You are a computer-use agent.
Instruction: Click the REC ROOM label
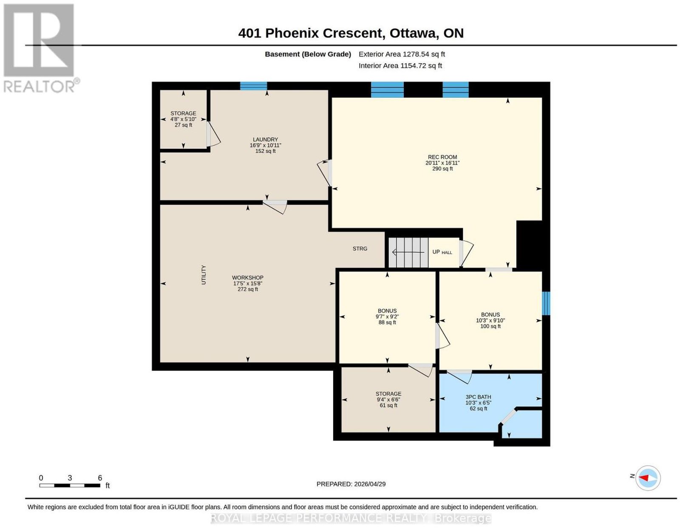click(x=442, y=157)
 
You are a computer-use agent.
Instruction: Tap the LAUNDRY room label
click(x=265, y=139)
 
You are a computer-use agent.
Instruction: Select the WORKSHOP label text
click(x=247, y=278)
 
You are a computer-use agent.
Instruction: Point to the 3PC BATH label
click(x=478, y=397)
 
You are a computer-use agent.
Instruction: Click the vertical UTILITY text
click(x=204, y=275)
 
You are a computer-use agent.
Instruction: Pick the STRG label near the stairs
click(x=360, y=248)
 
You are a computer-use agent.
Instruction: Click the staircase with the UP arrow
click(x=408, y=252)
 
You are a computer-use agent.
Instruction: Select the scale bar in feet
click(x=70, y=486)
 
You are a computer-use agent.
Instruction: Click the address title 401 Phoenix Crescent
click(x=311, y=33)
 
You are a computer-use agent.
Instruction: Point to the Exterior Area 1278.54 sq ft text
click(x=402, y=54)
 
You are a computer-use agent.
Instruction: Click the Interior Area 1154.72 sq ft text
click(x=400, y=66)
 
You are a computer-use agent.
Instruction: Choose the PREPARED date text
click(x=351, y=484)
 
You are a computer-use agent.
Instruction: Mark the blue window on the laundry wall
click(x=253, y=86)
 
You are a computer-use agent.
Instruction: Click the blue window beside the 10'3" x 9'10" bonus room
click(x=546, y=303)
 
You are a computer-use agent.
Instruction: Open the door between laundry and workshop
click(x=275, y=207)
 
